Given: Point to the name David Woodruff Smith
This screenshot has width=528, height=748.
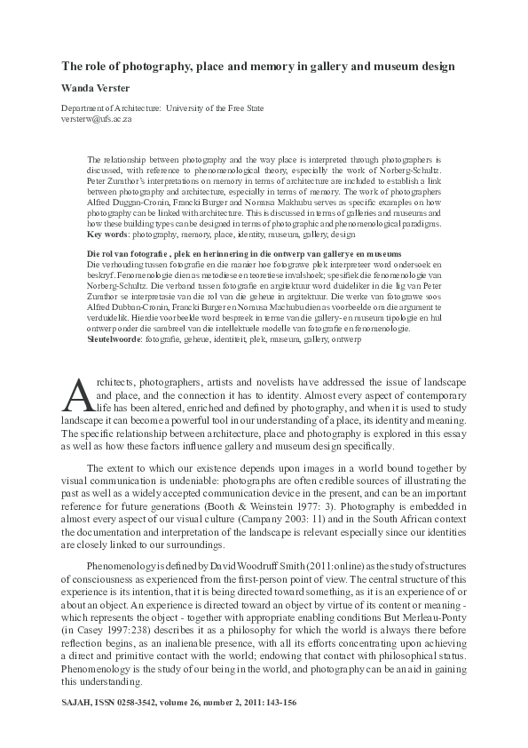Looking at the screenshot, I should click(x=253, y=565).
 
